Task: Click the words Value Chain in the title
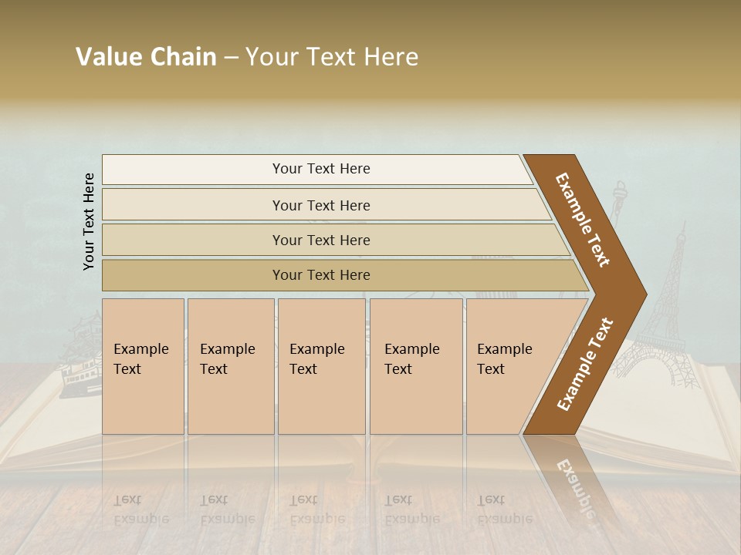pos(146,57)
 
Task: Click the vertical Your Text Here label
pos(89,221)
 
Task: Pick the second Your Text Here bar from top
pos(321,205)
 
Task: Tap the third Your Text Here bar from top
pos(321,240)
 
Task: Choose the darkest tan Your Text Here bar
pos(321,275)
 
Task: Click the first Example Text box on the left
pos(143,366)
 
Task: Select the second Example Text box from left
pos(230,366)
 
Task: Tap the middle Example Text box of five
pos(321,366)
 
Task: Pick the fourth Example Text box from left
pos(415,366)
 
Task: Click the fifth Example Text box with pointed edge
pos(513,366)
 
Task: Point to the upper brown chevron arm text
pos(583,220)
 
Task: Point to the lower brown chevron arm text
pos(585,364)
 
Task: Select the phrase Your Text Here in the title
pos(332,57)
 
